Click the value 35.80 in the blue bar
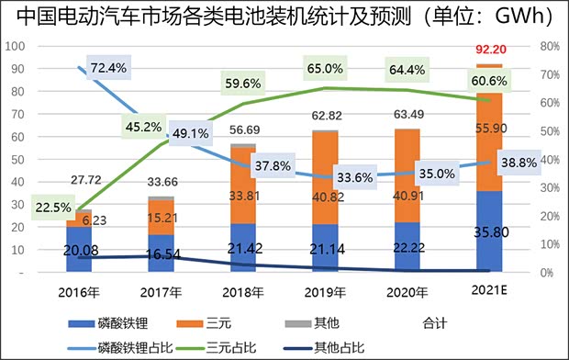pyautogui.click(x=488, y=233)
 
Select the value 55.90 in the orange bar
pyautogui.click(x=488, y=130)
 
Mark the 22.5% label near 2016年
pyautogui.click(x=50, y=208)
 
